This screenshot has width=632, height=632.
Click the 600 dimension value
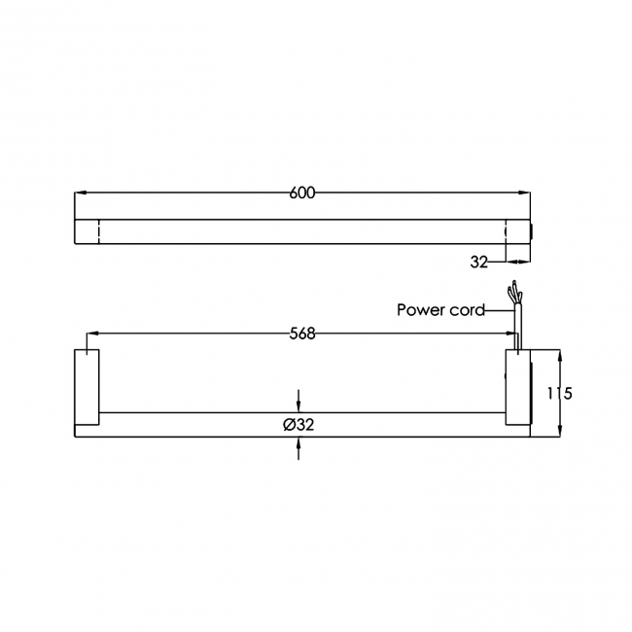tap(302, 193)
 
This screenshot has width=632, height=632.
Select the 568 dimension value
tap(302, 334)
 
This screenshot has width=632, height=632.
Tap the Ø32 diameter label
tap(298, 424)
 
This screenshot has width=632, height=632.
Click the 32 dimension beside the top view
tap(478, 263)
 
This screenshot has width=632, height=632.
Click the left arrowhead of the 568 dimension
tap(94, 334)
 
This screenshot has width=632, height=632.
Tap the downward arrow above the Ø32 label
tap(298, 404)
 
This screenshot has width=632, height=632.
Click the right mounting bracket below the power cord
tap(517, 388)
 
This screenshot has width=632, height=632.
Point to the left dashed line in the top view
tap(98, 231)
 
